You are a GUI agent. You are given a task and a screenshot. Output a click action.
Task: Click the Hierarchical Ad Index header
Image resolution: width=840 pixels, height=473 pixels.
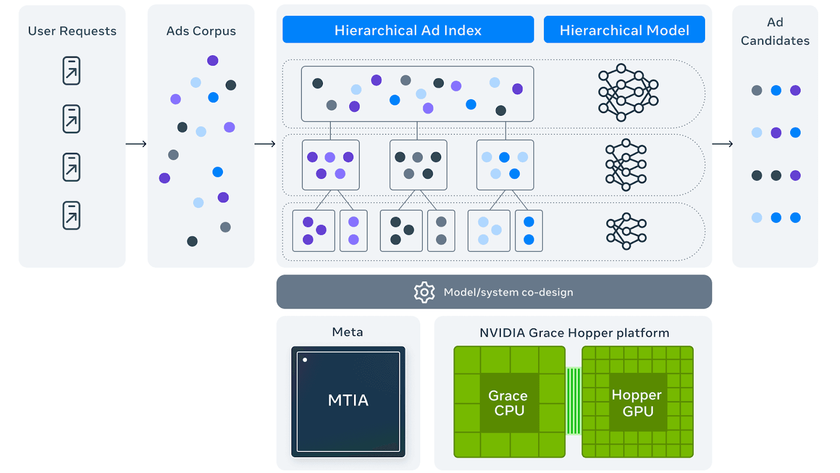point(408,29)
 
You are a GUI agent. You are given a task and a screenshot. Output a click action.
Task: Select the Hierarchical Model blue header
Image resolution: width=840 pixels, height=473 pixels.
point(624,29)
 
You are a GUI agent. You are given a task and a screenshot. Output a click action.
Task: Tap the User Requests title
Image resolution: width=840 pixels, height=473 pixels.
point(72,31)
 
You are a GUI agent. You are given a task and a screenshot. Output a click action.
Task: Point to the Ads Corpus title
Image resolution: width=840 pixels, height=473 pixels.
point(201,31)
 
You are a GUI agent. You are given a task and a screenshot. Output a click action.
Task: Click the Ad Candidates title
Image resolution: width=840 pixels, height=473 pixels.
point(775,32)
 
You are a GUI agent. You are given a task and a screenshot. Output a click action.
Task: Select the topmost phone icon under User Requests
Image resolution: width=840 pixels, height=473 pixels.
point(71,70)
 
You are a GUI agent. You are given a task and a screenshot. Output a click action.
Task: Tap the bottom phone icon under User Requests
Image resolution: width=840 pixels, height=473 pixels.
point(71,215)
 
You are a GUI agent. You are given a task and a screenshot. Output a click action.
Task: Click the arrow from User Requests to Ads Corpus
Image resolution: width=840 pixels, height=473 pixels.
point(136,144)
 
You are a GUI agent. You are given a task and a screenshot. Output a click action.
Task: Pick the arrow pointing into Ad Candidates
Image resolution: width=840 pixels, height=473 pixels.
point(722,144)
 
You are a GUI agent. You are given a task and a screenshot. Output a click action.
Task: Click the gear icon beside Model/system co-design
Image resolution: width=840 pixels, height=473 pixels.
point(425,292)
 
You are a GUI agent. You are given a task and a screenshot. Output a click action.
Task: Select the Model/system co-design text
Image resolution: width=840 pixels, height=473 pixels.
point(509,292)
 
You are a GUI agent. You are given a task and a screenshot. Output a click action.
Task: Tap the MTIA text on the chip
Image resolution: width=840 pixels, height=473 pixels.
point(349,400)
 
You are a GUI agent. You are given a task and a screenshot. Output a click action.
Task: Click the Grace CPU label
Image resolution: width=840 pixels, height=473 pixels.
point(509,403)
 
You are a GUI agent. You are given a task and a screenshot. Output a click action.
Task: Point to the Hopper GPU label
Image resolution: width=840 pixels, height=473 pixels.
point(637,403)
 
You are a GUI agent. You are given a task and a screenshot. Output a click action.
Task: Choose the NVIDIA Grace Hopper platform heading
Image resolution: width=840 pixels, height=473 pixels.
point(574,333)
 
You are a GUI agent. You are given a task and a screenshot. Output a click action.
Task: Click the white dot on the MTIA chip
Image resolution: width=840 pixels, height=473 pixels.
point(305,360)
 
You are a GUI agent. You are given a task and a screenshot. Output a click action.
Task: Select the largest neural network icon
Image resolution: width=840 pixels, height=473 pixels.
point(628,92)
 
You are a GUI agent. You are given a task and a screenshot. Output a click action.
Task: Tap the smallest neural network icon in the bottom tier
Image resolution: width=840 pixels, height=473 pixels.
point(626,231)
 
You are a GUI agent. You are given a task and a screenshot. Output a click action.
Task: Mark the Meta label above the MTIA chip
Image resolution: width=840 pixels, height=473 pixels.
point(348,332)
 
